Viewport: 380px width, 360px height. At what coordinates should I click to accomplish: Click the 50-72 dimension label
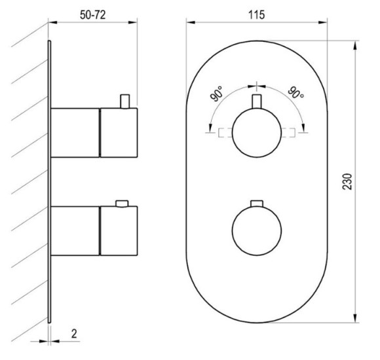click(92, 15)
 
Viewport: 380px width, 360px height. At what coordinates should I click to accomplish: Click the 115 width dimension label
click(257, 15)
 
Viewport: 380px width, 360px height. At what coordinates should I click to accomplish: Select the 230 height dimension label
click(347, 181)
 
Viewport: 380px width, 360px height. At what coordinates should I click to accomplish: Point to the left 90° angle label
click(216, 94)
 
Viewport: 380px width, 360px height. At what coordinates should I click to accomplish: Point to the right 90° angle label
click(296, 92)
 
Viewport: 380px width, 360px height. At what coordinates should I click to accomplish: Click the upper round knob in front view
click(257, 133)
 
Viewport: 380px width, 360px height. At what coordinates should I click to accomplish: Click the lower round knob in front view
click(257, 230)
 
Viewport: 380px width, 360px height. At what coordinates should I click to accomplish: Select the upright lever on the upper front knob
click(257, 101)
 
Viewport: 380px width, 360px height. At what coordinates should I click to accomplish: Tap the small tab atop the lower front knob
click(257, 204)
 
